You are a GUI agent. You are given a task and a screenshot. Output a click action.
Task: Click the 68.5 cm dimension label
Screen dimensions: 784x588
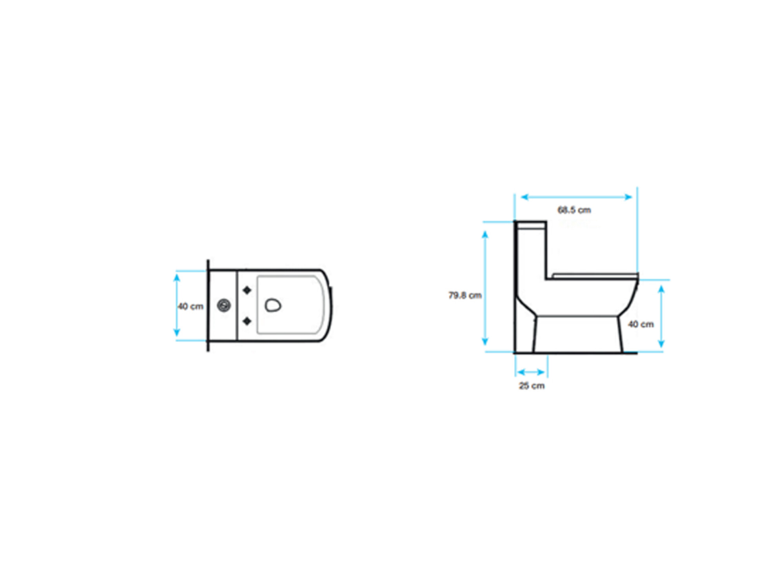[574, 210]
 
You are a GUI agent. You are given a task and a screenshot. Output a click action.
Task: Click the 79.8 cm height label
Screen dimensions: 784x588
[465, 295]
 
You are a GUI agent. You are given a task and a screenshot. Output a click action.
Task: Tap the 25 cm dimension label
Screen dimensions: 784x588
[532, 386]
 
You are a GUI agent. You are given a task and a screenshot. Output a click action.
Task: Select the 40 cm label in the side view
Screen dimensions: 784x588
[641, 324]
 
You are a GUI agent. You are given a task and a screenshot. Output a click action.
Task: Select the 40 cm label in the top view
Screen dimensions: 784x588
[191, 306]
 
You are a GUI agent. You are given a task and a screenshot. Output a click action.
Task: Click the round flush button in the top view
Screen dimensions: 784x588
[224, 305]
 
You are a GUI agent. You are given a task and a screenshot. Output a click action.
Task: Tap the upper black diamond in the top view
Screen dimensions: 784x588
[247, 290]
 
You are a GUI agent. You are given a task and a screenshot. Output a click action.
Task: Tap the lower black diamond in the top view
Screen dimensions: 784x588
[247, 321]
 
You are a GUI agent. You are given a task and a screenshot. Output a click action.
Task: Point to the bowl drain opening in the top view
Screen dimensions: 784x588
[273, 305]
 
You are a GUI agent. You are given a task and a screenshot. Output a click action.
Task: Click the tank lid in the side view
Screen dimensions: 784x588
[530, 225]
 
